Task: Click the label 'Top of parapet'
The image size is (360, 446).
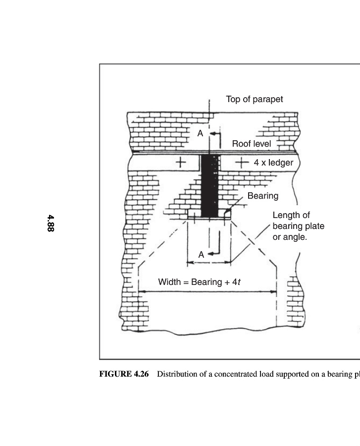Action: [x=255, y=99]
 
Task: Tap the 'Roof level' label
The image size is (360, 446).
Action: [x=252, y=144]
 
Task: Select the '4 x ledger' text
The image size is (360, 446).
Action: [x=273, y=163]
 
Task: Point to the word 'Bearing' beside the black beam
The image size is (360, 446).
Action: [x=262, y=196]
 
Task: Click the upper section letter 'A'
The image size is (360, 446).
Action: [x=200, y=133]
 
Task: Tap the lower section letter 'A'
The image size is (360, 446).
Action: [x=201, y=254]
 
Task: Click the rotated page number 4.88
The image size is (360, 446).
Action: [x=50, y=223]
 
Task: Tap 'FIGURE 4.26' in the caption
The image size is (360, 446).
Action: [x=124, y=374]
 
